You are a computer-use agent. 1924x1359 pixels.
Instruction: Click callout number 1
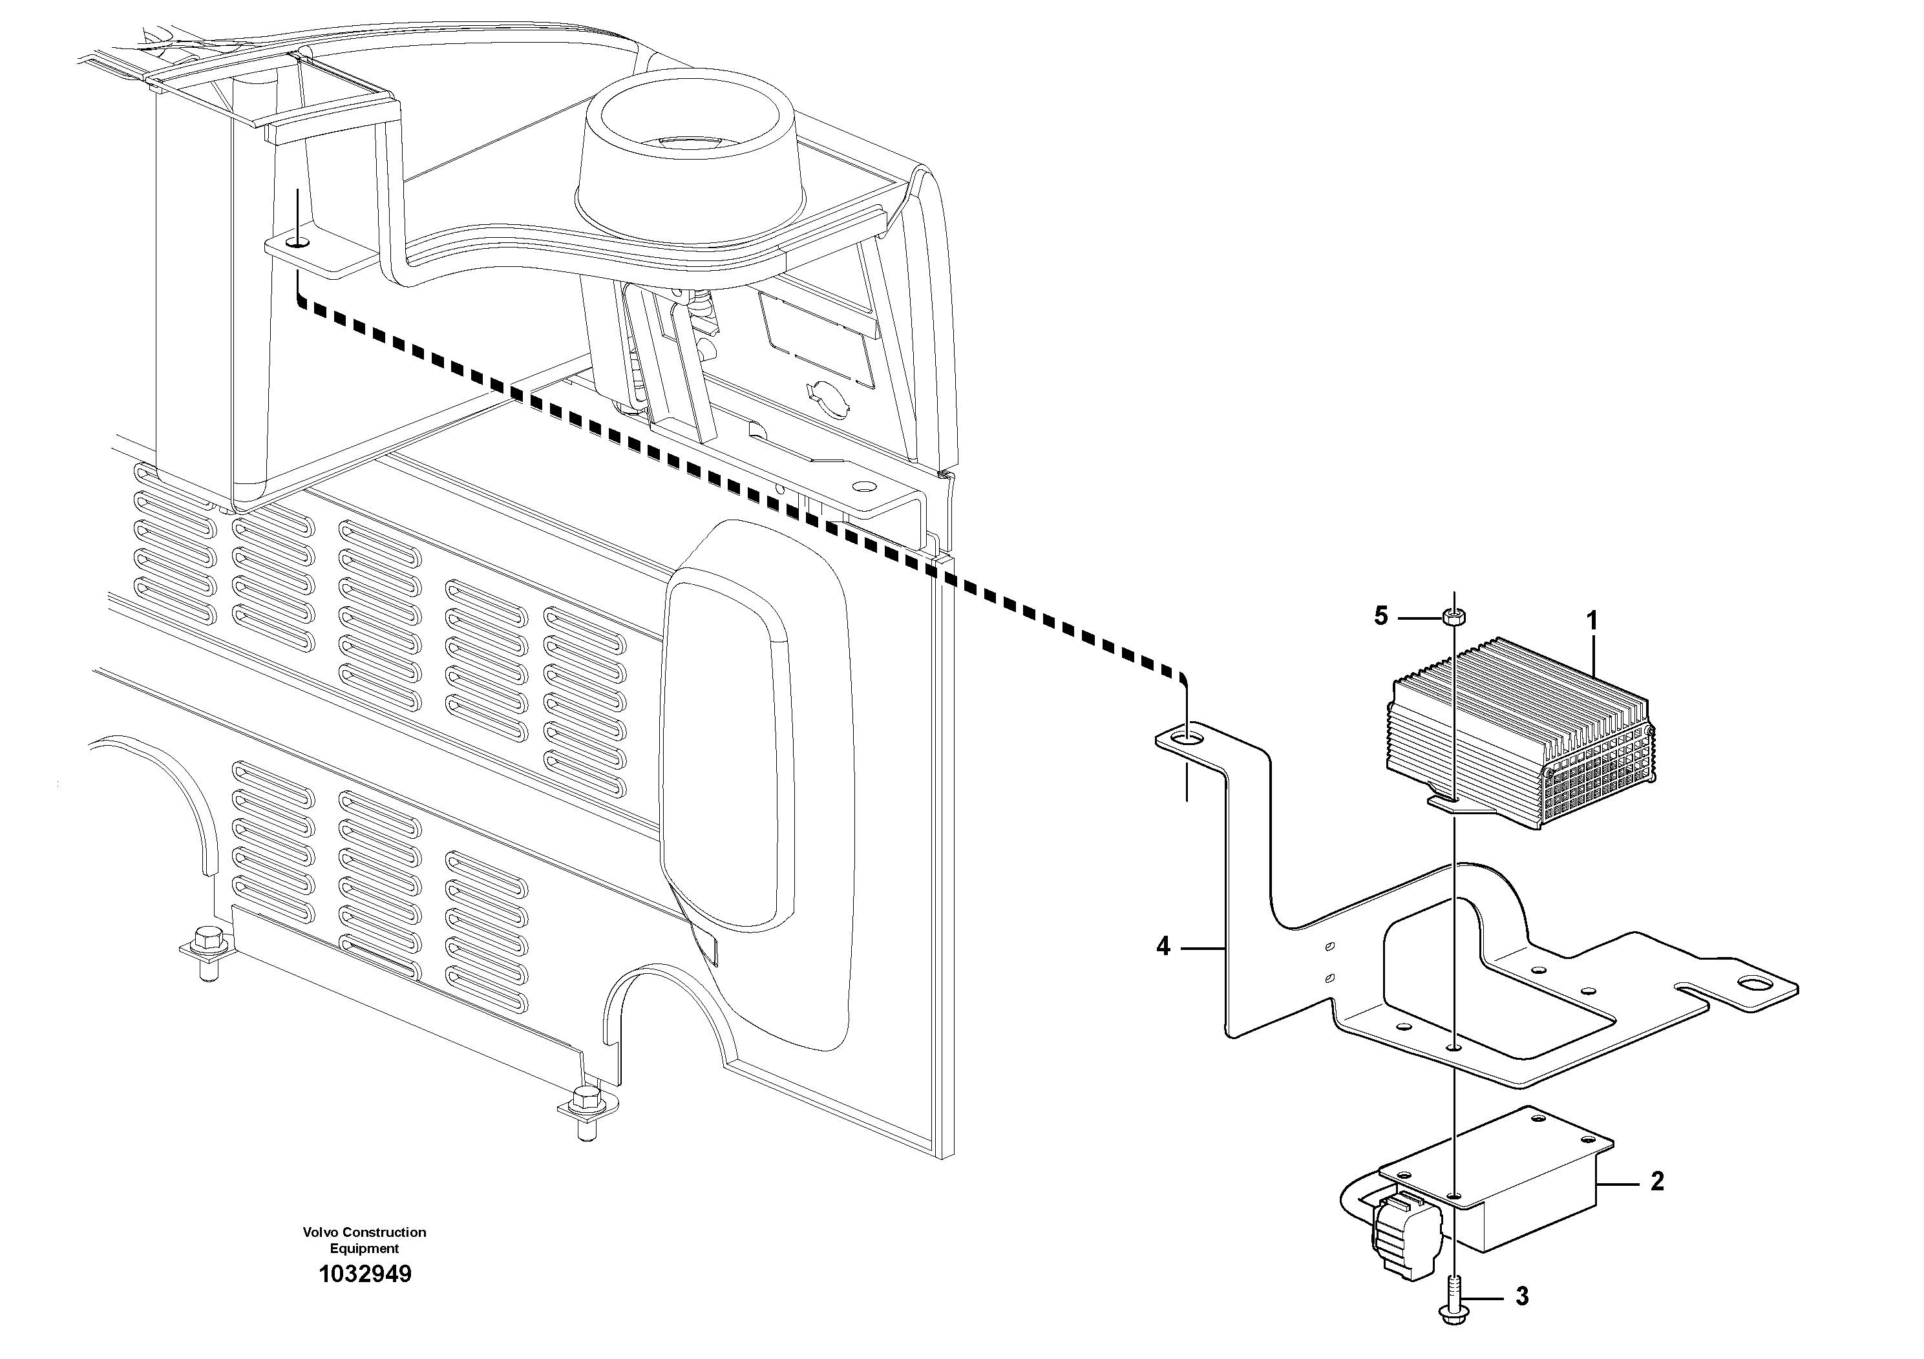pos(1592,622)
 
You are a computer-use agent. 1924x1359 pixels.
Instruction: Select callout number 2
pos(1656,1182)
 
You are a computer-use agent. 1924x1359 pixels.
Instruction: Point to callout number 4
pos(1163,947)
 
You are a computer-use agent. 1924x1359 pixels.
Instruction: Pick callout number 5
pos(1381,616)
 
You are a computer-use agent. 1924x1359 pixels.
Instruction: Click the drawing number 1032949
pos(365,1275)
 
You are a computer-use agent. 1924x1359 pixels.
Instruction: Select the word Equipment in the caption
pos(365,1248)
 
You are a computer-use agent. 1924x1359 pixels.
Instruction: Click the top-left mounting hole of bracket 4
pos(1187,738)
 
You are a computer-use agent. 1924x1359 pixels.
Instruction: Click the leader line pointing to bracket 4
pos(1203,949)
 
